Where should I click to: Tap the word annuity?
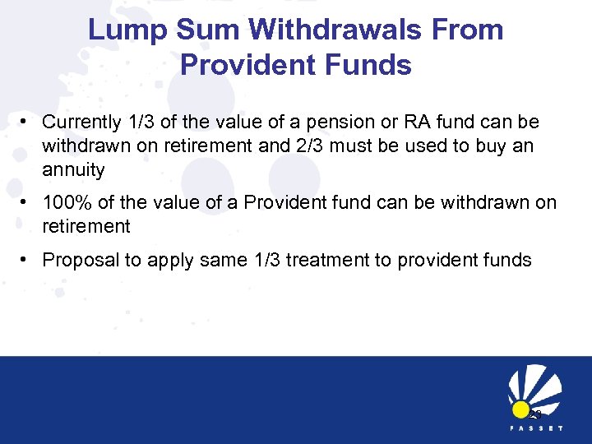(74, 170)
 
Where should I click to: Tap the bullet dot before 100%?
(27, 202)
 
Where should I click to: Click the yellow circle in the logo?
(520, 410)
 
